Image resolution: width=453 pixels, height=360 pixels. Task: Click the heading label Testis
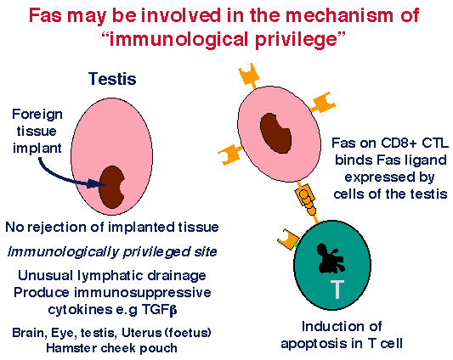(x=112, y=78)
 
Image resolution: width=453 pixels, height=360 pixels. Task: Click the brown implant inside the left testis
(x=111, y=188)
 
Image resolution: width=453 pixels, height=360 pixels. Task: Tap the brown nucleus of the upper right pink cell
(x=275, y=133)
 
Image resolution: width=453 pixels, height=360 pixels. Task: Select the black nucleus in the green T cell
(x=331, y=259)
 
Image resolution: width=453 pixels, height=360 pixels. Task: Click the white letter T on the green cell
(x=337, y=290)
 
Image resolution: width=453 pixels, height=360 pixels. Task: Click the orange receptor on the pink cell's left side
(x=230, y=155)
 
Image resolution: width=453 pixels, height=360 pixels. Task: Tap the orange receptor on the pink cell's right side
(x=323, y=102)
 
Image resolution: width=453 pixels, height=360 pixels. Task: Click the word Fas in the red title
(x=45, y=15)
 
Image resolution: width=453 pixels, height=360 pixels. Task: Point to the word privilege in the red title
(x=296, y=40)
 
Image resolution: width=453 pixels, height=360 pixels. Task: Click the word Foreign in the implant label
(x=37, y=115)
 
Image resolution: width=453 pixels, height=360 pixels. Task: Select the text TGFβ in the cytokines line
(x=159, y=310)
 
